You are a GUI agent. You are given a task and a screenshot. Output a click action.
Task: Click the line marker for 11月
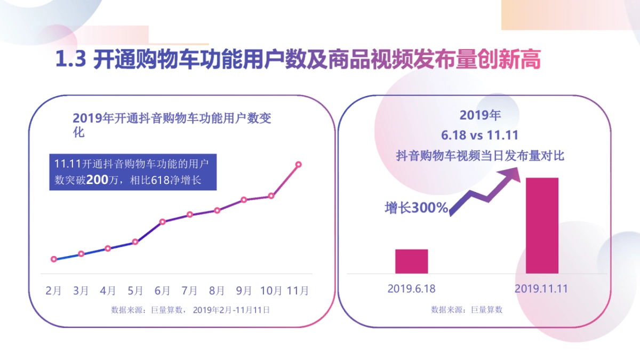click(299, 164)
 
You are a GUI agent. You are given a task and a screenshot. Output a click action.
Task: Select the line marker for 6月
click(163, 221)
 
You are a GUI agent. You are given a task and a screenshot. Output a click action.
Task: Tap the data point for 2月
click(54, 259)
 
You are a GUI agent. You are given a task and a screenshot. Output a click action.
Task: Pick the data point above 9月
click(244, 200)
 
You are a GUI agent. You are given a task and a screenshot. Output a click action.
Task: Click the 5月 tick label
click(135, 291)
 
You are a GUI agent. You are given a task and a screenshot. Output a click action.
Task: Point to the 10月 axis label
click(271, 291)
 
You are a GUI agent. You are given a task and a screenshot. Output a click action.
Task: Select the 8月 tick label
click(217, 291)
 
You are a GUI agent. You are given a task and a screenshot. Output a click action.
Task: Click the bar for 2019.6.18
click(411, 261)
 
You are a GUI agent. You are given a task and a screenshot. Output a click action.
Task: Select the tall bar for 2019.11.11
click(542, 226)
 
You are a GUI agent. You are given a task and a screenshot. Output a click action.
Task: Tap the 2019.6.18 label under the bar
click(411, 289)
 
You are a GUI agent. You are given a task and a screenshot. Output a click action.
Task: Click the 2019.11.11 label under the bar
click(541, 289)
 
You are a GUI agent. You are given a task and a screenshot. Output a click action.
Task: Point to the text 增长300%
click(416, 208)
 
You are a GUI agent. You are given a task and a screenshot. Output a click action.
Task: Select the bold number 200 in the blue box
click(97, 180)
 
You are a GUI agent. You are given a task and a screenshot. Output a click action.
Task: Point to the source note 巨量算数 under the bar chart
click(467, 309)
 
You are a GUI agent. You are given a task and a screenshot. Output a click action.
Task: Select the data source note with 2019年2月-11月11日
click(190, 309)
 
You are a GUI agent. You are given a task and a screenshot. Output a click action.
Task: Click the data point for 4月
click(108, 249)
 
